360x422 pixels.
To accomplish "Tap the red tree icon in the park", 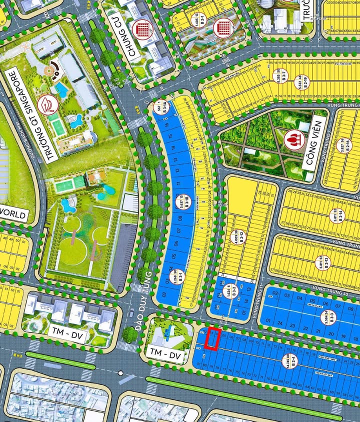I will point(291,139).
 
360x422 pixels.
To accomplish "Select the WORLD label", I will point(13,213).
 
